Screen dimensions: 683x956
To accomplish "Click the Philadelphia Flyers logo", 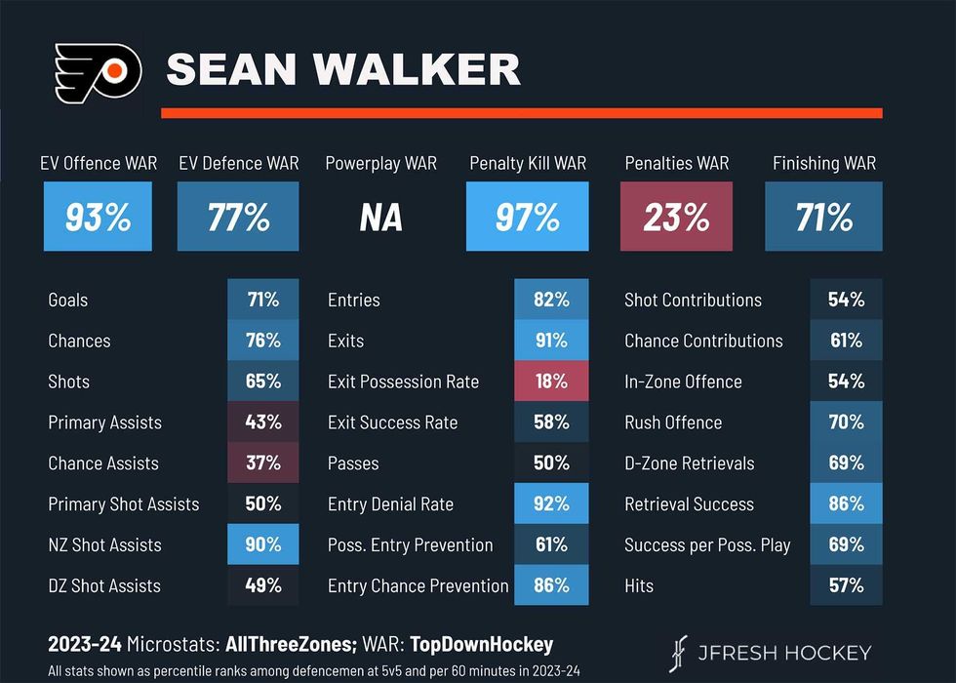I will click(x=97, y=70).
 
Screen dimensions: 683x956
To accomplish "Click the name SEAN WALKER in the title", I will click(x=342, y=69).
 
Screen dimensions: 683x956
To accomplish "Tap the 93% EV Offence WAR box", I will click(x=98, y=218).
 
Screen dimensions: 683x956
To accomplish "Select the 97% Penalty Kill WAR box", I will click(x=528, y=218).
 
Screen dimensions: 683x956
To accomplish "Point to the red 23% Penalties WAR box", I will click(x=675, y=218).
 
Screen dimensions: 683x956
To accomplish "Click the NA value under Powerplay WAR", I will click(x=380, y=218).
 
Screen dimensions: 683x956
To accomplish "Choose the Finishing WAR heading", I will click(x=824, y=163).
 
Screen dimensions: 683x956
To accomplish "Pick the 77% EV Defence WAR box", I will click(x=238, y=218).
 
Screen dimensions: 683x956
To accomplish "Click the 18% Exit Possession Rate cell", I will click(x=551, y=382).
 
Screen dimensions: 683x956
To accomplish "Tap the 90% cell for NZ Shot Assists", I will click(x=262, y=544).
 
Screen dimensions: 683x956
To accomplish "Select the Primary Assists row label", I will click(x=105, y=422).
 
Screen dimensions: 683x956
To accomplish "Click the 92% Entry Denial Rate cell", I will click(x=551, y=504).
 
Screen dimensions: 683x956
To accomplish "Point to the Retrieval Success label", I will click(x=689, y=504).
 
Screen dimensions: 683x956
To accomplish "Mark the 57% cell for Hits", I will click(x=846, y=585).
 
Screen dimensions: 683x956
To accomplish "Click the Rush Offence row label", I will click(x=673, y=422).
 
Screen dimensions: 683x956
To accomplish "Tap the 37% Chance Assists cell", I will click(x=262, y=463).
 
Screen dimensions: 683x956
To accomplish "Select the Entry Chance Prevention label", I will click(x=418, y=585).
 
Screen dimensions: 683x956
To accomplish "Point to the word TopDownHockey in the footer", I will click(x=481, y=644).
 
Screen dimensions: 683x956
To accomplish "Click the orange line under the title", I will click(x=521, y=113).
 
